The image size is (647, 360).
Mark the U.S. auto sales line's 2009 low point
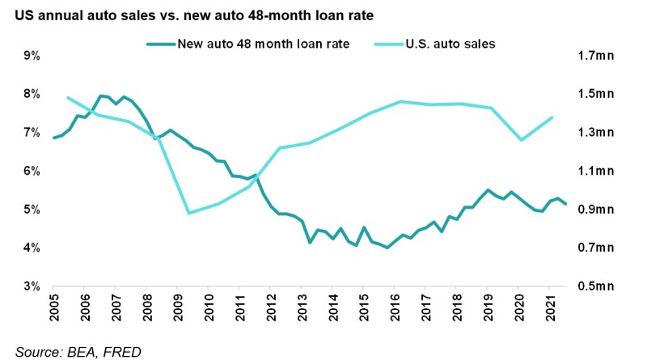[188, 214]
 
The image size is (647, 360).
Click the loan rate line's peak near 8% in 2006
[100, 95]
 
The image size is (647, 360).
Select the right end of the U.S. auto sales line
[552, 117]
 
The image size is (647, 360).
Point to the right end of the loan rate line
[566, 204]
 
